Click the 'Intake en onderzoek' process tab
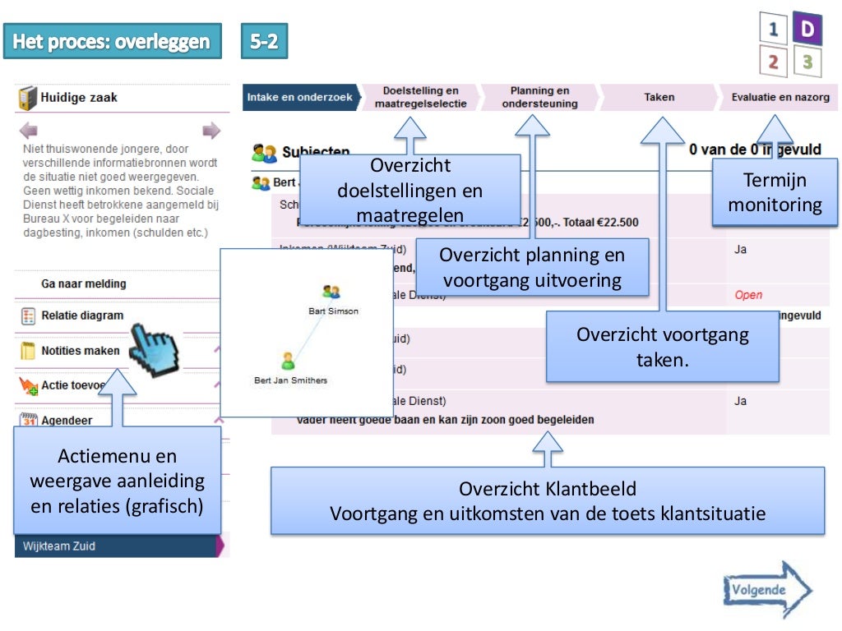pos(299,97)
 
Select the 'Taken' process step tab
pos(659,97)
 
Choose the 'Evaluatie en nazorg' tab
pos(780,97)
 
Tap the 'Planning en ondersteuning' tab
pos(539,97)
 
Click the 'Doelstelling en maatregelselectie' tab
pos(420,97)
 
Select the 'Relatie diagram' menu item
pos(82,315)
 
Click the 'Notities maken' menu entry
pos(80,351)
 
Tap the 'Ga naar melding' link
pos(84,283)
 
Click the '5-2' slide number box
pos(264,41)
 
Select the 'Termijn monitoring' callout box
pos(774,192)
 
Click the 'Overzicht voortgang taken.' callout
pos(662,346)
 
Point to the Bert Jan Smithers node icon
pos(288,361)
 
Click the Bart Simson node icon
pos(331,292)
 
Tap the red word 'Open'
pos(748,295)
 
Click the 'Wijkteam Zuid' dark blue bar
pos(115,546)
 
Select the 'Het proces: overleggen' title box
pos(112,41)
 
